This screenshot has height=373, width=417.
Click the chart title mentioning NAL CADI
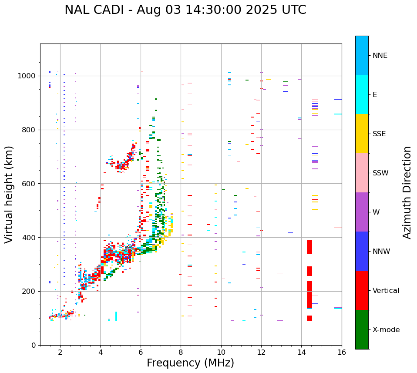tap(185, 10)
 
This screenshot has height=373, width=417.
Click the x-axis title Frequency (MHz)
tap(190, 363)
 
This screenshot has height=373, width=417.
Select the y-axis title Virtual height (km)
tap(9, 194)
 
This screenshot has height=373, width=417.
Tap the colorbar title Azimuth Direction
tap(407, 192)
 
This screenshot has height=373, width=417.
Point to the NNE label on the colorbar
tap(380, 56)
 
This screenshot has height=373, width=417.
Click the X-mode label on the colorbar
tap(386, 330)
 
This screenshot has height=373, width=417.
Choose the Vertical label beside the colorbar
tap(386, 291)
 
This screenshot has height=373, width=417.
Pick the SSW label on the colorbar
tap(380, 173)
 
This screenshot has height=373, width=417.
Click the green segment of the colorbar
tap(362, 329)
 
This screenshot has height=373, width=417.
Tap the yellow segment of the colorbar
tap(362, 134)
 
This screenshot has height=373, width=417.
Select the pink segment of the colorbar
tap(362, 173)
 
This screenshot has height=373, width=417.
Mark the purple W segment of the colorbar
tap(362, 212)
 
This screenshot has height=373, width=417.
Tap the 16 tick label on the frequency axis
tap(342, 353)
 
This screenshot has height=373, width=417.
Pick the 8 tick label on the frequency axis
tap(181, 353)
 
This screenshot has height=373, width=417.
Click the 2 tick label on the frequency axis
tap(60, 353)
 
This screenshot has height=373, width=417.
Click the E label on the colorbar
tap(375, 95)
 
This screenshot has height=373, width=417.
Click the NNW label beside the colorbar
tap(381, 252)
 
